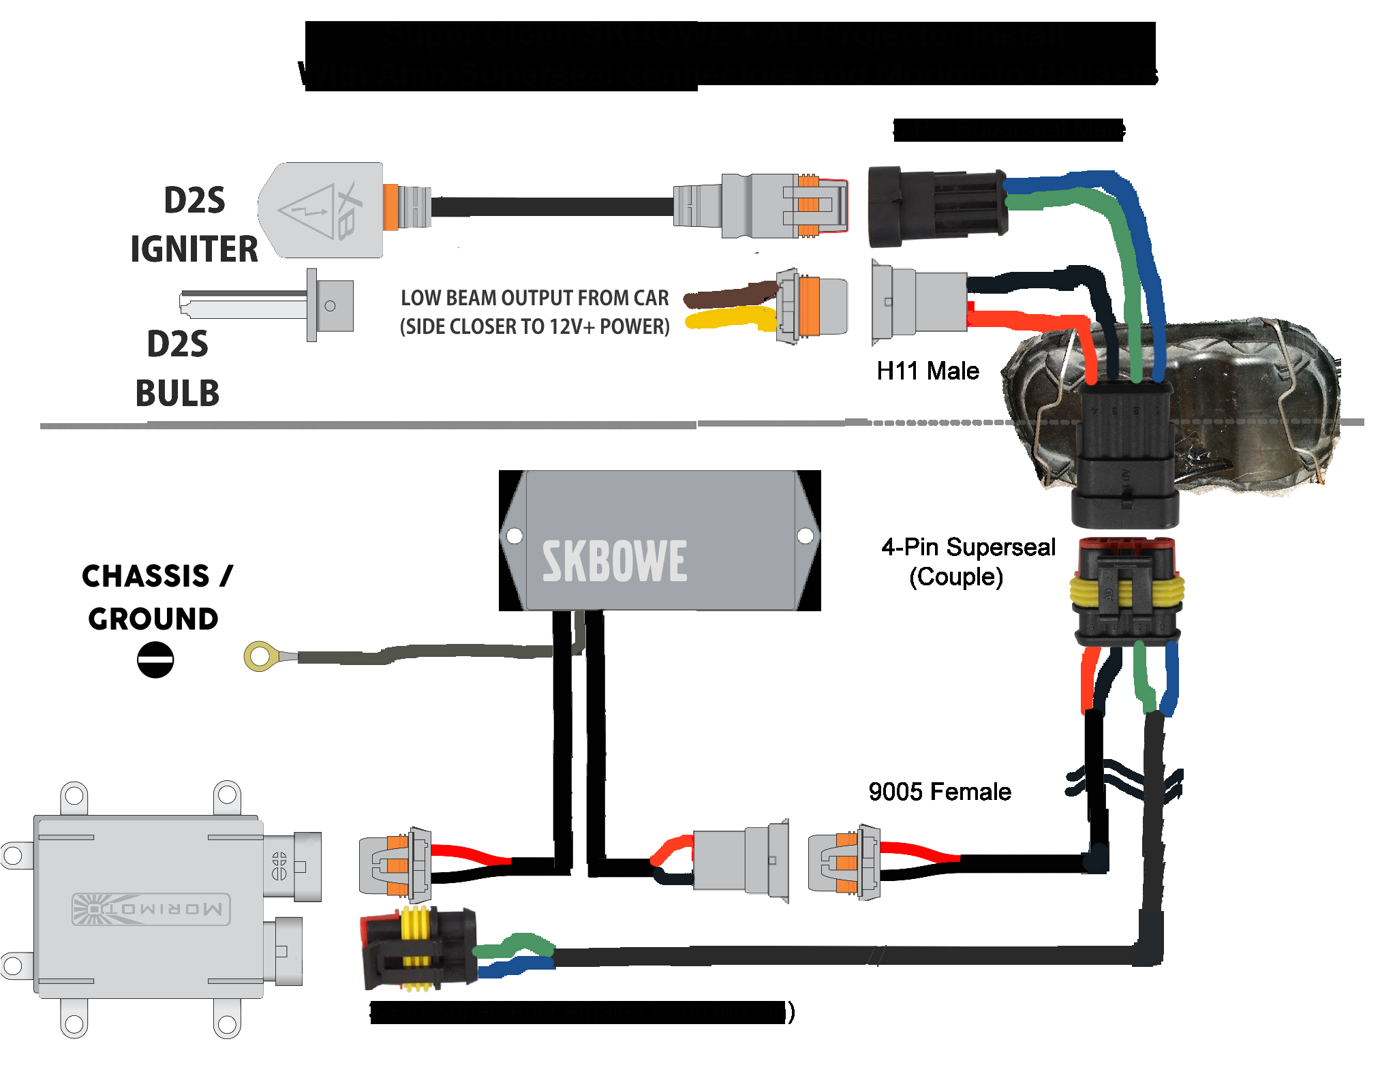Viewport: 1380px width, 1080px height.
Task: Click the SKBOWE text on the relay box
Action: tap(614, 561)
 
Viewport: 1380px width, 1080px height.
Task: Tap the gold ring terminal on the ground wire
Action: tap(260, 657)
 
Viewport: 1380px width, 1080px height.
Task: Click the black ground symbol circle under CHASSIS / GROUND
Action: tap(155, 660)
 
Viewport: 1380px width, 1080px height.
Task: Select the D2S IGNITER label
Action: tap(194, 225)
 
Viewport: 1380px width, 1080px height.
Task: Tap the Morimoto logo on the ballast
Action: tap(151, 908)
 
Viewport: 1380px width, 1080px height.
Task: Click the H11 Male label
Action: tap(927, 371)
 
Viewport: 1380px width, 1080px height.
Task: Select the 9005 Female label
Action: tap(939, 792)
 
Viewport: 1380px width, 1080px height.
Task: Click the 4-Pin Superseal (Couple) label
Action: tap(967, 561)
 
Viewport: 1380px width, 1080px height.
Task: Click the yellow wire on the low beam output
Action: tap(729, 318)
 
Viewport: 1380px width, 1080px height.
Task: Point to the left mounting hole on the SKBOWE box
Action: tap(515, 536)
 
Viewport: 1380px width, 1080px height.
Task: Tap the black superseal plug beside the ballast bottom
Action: tap(417, 947)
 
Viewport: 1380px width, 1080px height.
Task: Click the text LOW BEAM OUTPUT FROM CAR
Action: tap(534, 298)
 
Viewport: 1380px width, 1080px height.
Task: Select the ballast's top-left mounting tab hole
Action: tap(74, 795)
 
